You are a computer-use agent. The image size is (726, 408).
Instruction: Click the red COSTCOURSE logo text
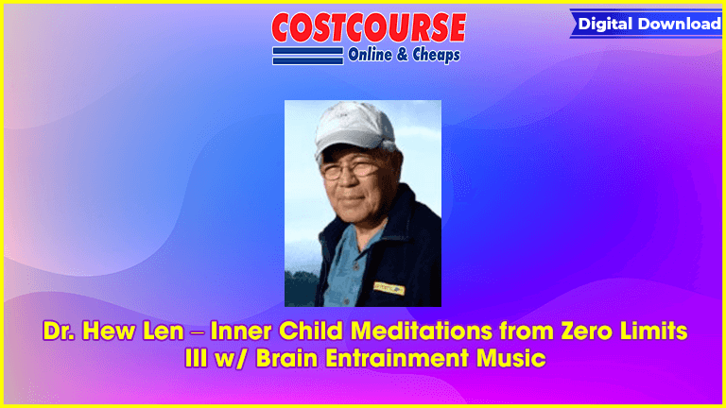point(369,27)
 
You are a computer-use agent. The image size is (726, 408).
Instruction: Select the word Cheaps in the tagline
point(436,55)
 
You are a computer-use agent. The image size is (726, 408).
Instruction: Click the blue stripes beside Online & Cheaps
point(308,56)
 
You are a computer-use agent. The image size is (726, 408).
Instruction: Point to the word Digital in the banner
point(606,25)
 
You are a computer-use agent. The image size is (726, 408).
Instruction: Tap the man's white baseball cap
point(354,127)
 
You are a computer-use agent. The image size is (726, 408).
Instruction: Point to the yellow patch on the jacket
point(389,288)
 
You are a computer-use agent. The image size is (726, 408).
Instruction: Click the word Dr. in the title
point(59,331)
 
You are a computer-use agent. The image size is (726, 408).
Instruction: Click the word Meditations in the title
point(422,331)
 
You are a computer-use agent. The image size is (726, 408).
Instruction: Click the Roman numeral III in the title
point(197,359)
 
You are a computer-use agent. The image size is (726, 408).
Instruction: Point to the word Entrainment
point(397,359)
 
